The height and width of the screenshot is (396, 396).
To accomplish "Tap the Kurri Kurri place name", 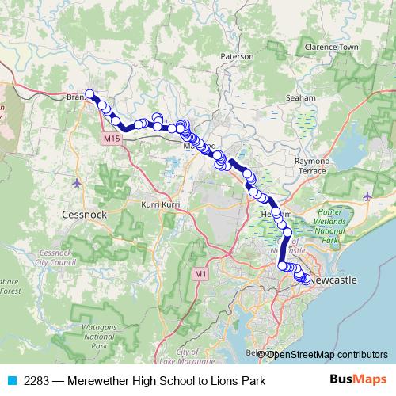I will [157, 204].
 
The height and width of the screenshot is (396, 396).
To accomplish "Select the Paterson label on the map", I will [237, 57].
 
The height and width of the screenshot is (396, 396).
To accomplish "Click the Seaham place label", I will [301, 97].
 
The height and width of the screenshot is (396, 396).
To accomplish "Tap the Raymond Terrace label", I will [311, 166].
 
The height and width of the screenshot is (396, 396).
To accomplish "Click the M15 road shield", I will [111, 139].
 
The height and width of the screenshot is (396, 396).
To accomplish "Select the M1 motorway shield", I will [200, 274].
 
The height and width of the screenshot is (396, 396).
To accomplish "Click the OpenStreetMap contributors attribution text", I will [326, 354].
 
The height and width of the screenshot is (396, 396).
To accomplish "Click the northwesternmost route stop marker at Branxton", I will [90, 93].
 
